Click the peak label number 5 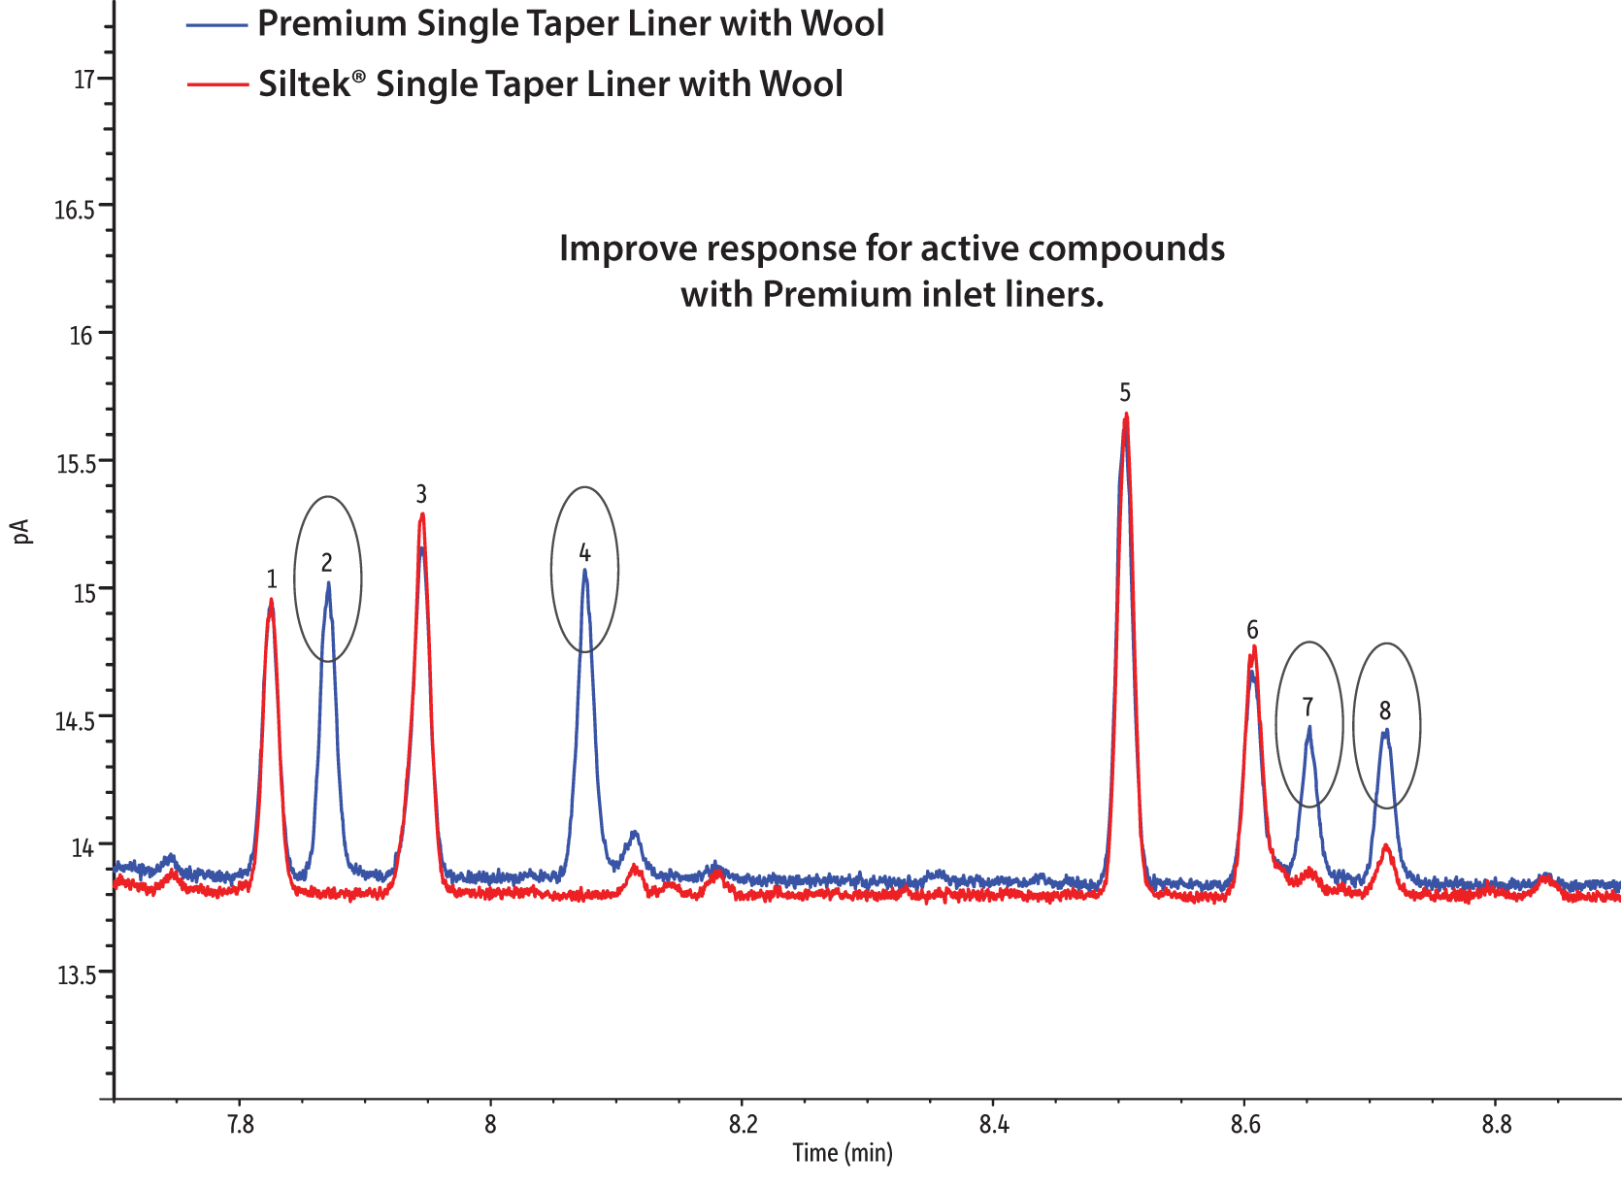[1125, 393]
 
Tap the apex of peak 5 [1126, 415]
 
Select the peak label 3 [421, 494]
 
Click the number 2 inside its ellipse [327, 563]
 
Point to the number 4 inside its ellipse [584, 553]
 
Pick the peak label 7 [1308, 707]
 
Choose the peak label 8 [1385, 711]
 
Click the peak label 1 [272, 579]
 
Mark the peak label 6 [1252, 630]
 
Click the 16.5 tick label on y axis [75, 210]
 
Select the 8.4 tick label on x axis [993, 1125]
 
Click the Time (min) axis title [843, 1153]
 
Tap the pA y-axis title [23, 531]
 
